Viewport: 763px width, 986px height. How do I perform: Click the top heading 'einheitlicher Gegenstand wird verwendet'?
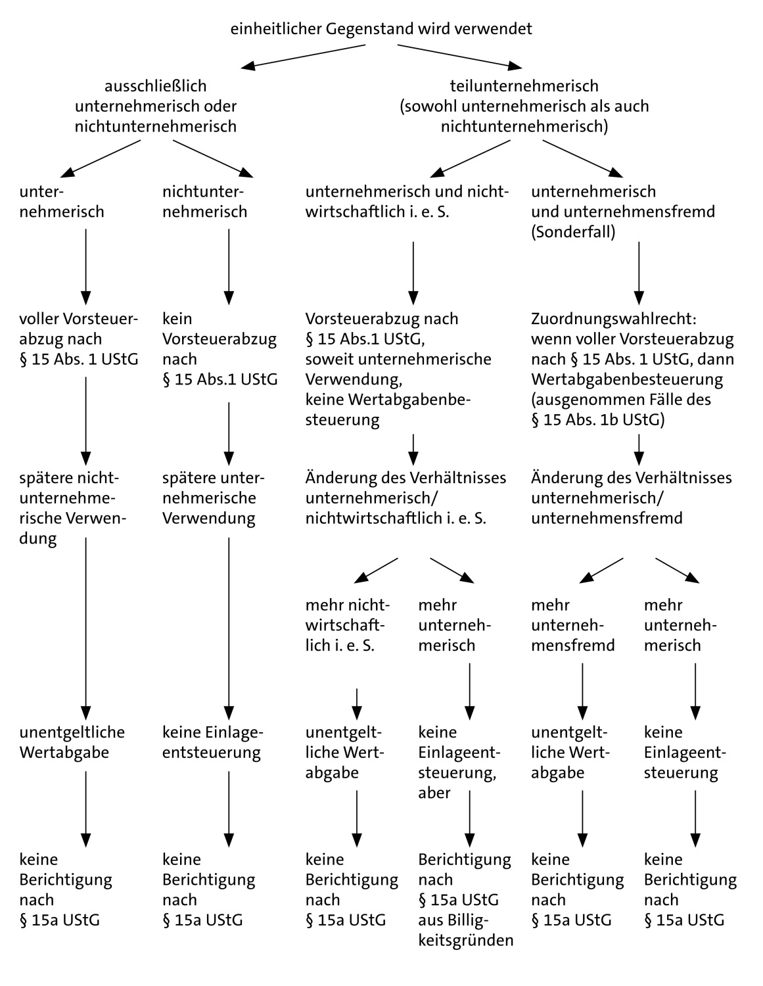tap(381, 29)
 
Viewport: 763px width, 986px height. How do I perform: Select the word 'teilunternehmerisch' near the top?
tap(524, 85)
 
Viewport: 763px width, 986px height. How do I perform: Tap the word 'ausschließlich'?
tap(156, 85)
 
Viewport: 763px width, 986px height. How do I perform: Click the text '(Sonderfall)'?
tap(573, 232)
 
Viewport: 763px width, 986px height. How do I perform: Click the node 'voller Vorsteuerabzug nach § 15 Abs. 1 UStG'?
tap(80, 339)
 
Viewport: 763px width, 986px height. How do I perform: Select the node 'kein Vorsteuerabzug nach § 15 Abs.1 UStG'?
tap(220, 349)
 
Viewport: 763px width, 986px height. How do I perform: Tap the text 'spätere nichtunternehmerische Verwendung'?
tap(72, 508)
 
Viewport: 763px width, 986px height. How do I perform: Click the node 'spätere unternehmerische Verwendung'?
tap(209, 498)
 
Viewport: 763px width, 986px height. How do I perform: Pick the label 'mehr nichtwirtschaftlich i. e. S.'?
tap(348, 625)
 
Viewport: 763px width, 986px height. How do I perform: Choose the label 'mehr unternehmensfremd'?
tap(572, 625)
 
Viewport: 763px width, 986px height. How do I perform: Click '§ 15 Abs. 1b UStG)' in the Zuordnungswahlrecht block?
tap(597, 420)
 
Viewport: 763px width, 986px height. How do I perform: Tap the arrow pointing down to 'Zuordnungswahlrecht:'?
tap(638, 271)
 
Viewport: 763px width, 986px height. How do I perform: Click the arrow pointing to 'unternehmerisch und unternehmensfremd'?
tap(582, 158)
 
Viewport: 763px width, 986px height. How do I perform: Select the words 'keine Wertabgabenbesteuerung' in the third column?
tap(388, 410)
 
